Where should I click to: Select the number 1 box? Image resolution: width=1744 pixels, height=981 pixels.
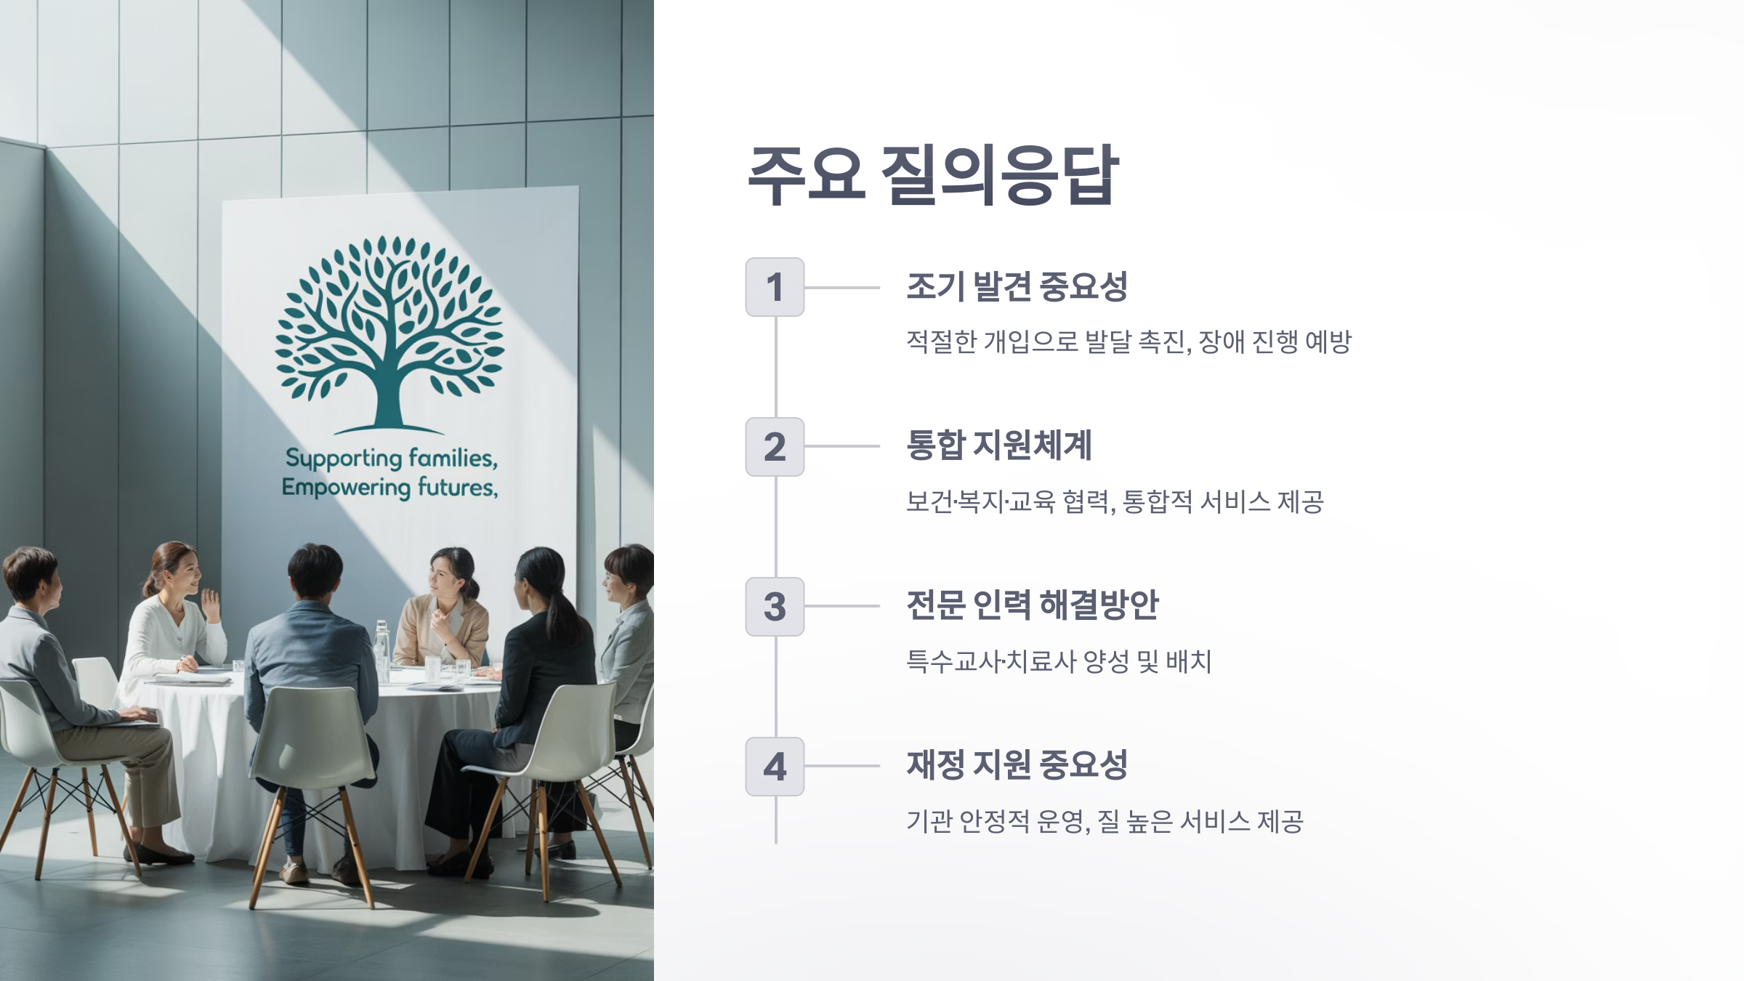pos(775,287)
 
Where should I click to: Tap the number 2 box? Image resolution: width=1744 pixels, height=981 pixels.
pos(775,447)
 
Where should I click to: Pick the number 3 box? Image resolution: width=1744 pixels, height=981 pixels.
pos(775,607)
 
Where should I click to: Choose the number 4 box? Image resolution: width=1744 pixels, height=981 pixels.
pos(775,767)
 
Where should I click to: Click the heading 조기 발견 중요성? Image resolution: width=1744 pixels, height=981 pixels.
pos(1017,286)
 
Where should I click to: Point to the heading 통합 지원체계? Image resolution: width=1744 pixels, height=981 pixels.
pos(998,445)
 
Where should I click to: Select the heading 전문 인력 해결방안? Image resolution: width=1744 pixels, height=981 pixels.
pos(1032,605)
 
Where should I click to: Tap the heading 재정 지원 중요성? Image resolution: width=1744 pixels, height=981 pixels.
pos(1017,765)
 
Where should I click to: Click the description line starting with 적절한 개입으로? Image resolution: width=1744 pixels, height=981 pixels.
pos(1128,342)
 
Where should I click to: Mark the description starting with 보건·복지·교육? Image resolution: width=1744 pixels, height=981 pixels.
pos(1115,501)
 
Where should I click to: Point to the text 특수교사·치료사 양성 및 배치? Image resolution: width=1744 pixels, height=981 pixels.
pos(1059,661)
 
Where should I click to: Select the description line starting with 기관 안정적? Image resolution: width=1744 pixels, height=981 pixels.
pos(1105,821)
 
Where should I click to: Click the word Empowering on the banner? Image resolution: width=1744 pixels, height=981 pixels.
pos(345,488)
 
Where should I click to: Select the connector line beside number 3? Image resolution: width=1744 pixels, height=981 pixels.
pos(841,606)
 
